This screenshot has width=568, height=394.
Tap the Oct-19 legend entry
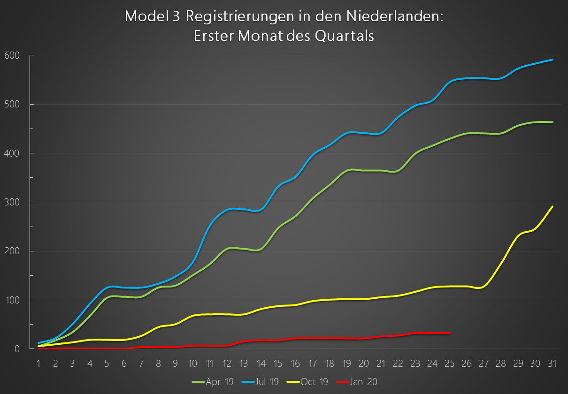(313, 382)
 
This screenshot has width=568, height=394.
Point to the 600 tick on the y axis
(13, 55)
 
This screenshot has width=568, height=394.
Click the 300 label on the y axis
(13, 202)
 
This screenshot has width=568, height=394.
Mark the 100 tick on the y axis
(13, 300)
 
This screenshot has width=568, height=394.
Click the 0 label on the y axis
(17, 349)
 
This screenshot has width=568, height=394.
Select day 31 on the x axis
(552, 363)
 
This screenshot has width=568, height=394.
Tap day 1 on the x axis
(38, 363)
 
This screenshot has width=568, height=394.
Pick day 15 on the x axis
(278, 363)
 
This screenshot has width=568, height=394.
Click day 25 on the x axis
(449, 363)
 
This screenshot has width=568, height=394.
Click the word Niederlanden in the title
(394, 17)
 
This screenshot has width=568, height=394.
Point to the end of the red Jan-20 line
(450, 333)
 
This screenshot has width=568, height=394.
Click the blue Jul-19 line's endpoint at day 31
(553, 60)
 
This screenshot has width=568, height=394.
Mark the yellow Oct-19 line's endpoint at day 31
(553, 206)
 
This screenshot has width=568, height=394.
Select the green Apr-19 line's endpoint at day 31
(553, 122)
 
